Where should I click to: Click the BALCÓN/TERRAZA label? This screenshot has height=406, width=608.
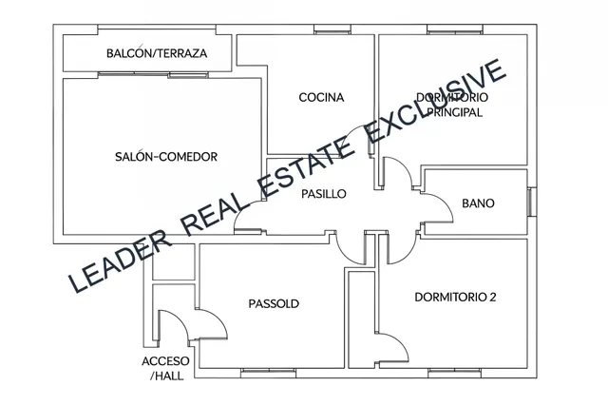click(x=157, y=53)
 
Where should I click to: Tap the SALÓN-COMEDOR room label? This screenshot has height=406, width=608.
click(x=166, y=157)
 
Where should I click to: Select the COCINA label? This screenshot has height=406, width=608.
click(x=321, y=97)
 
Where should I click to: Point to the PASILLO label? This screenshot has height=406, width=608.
click(x=324, y=194)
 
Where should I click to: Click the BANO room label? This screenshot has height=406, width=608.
click(x=478, y=203)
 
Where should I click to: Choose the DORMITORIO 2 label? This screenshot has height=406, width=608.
click(x=455, y=298)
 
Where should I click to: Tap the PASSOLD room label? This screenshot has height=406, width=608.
click(x=274, y=303)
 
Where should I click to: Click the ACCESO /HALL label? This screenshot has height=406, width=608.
click(x=165, y=368)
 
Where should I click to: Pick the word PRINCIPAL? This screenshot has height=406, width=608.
click(x=454, y=112)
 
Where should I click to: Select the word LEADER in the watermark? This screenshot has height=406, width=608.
click(x=120, y=261)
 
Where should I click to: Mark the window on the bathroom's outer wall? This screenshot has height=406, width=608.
click(x=532, y=201)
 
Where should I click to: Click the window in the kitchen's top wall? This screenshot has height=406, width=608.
click(x=332, y=29)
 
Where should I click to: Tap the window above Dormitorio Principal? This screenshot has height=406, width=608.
click(x=455, y=29)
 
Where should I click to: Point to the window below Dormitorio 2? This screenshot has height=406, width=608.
click(x=455, y=374)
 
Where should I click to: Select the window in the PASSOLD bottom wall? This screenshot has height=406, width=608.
click(x=268, y=374)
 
